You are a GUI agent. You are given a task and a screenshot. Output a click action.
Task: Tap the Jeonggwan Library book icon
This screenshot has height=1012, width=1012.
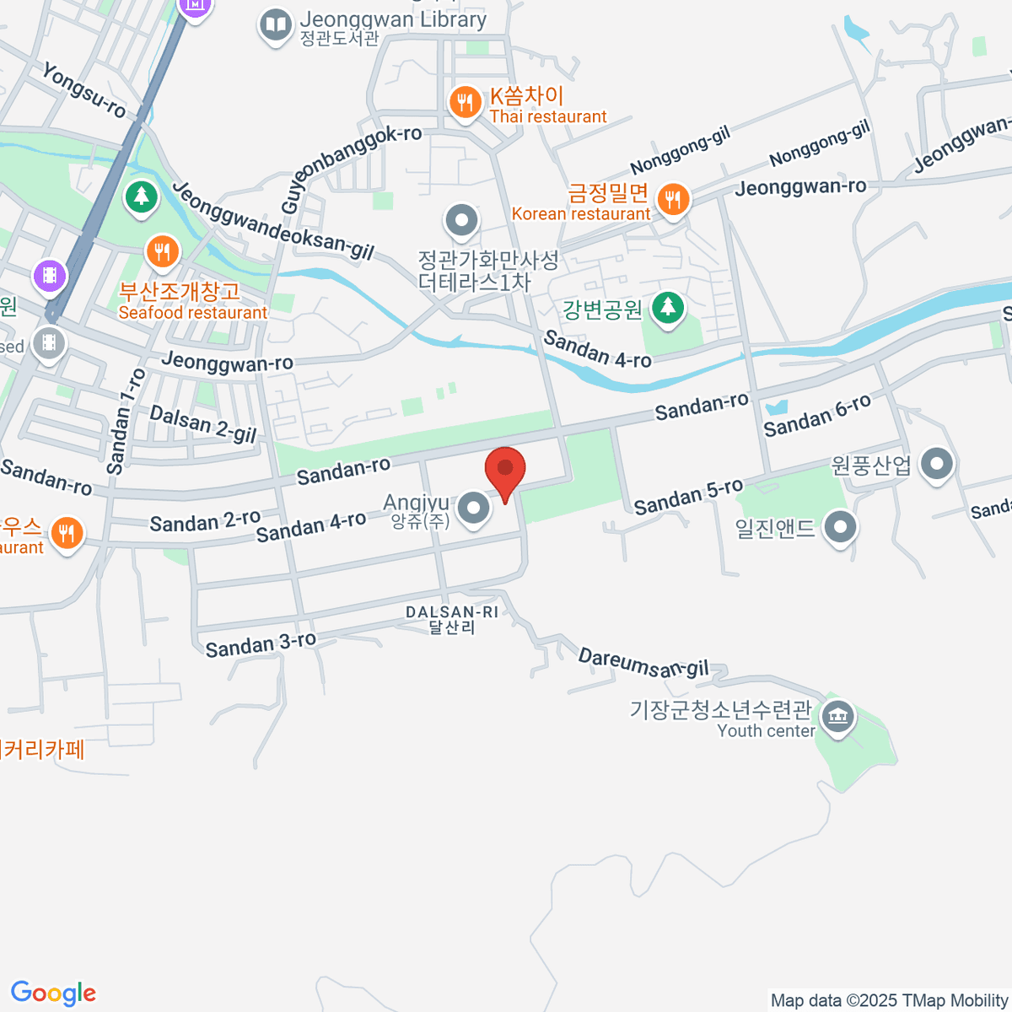click(x=276, y=24)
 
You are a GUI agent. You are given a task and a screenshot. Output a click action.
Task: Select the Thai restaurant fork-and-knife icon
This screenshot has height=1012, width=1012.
click(x=464, y=103)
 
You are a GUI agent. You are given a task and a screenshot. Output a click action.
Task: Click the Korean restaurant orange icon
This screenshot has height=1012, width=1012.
click(x=672, y=200)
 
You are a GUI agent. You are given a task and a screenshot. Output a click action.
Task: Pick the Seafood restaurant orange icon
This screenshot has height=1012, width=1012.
click(x=161, y=251)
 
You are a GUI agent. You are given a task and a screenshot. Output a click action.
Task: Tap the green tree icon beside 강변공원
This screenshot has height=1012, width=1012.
click(x=668, y=308)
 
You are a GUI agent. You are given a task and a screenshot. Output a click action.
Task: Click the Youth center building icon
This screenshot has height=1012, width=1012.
click(x=837, y=718)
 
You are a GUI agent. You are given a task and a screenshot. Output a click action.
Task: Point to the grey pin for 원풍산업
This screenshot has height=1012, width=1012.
click(x=936, y=463)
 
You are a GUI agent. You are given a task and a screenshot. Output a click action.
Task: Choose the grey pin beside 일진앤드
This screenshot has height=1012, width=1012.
click(x=839, y=527)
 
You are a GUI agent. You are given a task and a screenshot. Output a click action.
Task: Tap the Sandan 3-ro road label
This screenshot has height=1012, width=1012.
click(x=261, y=645)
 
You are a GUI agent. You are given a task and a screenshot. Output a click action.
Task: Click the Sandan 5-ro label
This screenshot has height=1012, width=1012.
click(x=688, y=497)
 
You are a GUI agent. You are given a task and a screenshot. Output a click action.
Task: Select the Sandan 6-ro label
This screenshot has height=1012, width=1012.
click(x=816, y=416)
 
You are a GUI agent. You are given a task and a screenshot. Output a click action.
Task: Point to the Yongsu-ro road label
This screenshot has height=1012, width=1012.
click(x=83, y=90)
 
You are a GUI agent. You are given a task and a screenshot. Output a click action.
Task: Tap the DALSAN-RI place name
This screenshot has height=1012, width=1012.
click(x=452, y=612)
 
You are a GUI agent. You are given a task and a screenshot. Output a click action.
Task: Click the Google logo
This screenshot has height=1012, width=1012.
click(x=53, y=993)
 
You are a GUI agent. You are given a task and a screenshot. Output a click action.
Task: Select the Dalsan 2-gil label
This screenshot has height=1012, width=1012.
click(x=202, y=423)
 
